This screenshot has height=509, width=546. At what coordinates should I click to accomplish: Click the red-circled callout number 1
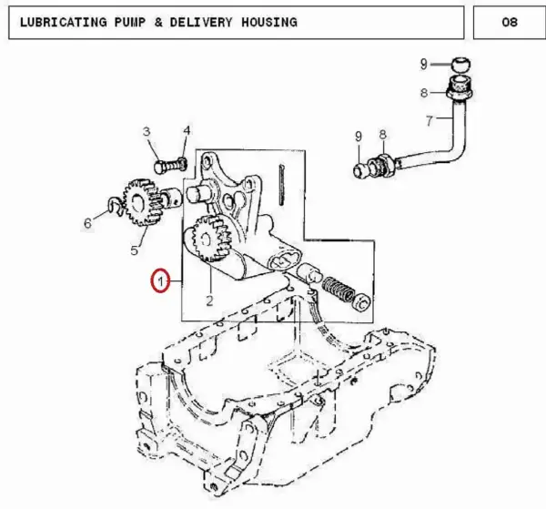click(x=160, y=281)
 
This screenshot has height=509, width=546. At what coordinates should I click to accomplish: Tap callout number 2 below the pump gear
click(x=209, y=300)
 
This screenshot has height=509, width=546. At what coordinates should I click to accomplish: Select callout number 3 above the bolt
click(x=147, y=132)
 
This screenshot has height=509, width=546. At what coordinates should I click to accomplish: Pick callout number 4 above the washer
click(x=187, y=130)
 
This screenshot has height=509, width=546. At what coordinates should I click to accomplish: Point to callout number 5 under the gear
click(x=135, y=250)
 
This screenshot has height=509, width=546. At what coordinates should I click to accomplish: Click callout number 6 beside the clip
click(x=87, y=223)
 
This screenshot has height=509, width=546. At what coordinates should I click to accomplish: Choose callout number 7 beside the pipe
click(x=430, y=121)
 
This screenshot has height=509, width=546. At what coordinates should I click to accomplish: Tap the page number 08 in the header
click(x=510, y=22)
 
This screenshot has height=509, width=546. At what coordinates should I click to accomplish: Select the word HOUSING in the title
click(x=269, y=22)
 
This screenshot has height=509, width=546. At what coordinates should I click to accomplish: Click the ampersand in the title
click(x=158, y=22)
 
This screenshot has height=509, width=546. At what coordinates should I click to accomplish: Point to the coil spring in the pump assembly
click(x=338, y=288)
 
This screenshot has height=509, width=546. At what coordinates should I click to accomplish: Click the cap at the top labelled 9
click(x=461, y=65)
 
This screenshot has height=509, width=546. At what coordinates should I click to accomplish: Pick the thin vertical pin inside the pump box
click(x=282, y=185)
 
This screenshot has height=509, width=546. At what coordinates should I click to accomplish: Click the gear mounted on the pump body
click(x=212, y=239)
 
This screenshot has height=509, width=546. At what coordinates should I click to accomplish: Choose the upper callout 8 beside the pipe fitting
click(x=424, y=93)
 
